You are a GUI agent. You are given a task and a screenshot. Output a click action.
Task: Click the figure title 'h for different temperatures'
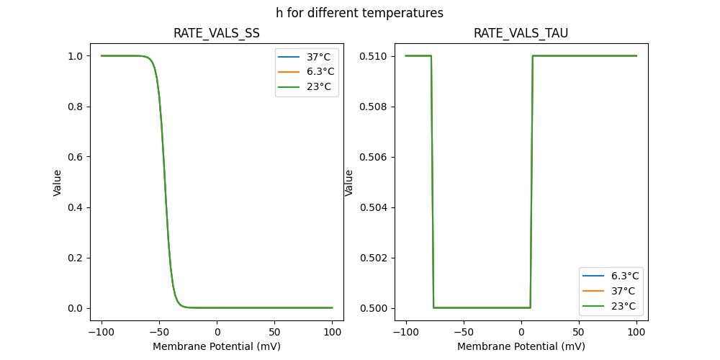tap(359, 13)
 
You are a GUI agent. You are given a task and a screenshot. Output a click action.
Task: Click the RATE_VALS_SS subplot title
tap(217, 34)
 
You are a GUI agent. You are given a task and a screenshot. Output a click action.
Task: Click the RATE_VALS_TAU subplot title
tap(521, 34)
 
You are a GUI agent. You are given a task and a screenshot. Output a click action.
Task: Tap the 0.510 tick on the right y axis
tap(375, 56)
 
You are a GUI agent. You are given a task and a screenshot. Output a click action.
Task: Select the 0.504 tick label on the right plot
tap(375, 207)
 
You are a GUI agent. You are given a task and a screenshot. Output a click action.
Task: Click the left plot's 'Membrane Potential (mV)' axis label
tap(217, 346)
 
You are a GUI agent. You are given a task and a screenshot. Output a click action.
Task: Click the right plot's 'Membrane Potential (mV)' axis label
tap(521, 346)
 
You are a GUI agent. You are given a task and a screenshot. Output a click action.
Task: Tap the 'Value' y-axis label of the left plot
tap(58, 182)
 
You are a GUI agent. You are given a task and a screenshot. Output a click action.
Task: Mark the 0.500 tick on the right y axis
tap(375, 308)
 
